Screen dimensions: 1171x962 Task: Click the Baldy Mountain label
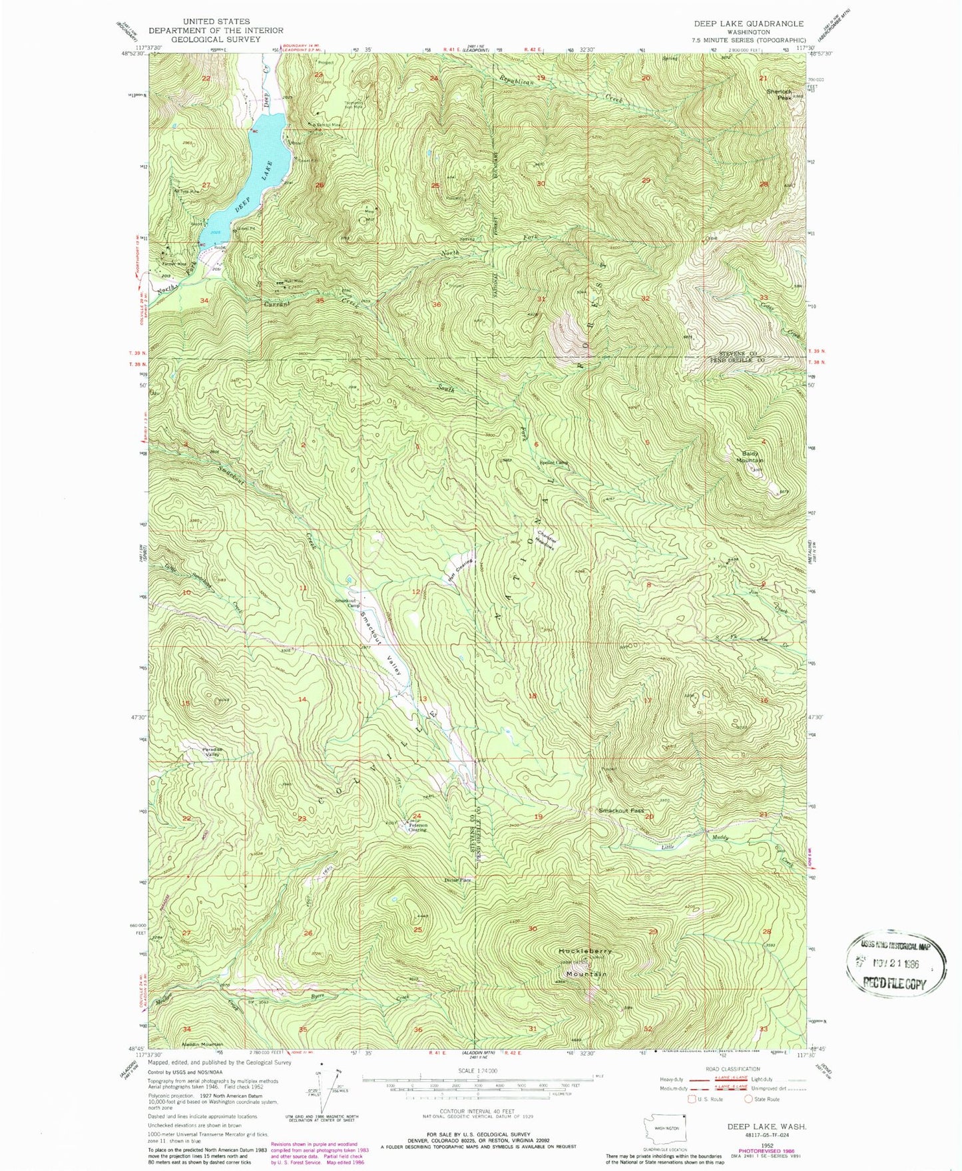(752, 457)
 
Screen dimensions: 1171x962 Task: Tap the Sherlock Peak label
(779, 94)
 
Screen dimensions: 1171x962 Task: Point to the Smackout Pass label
(621, 810)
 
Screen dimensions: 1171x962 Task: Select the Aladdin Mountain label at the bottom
(202, 1044)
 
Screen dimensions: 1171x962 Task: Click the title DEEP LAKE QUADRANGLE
(748, 23)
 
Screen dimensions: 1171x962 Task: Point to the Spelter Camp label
(553, 463)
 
